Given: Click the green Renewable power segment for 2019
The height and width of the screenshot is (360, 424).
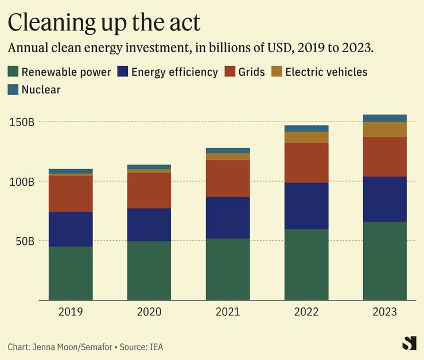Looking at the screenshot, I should [x=71, y=273].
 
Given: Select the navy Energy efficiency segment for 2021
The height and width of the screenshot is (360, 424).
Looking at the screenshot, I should [x=228, y=218].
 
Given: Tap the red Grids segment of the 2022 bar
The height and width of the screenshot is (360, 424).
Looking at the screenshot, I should [x=306, y=163].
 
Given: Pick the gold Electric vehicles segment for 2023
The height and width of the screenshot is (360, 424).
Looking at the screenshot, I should [x=385, y=130].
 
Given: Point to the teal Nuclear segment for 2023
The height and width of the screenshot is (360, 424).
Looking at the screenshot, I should [x=385, y=118].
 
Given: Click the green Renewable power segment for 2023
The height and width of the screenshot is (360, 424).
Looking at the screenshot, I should [x=385, y=261].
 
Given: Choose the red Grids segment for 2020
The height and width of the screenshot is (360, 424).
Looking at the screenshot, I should [x=149, y=190].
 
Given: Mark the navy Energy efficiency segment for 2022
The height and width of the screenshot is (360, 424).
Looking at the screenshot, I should [x=306, y=206].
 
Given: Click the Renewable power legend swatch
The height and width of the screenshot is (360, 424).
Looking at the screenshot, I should [x=13, y=72].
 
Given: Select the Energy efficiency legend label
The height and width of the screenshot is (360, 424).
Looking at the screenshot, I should [x=174, y=72].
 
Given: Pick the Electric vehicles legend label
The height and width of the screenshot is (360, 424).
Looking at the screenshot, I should [x=326, y=72].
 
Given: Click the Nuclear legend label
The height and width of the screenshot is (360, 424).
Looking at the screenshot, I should [x=41, y=89].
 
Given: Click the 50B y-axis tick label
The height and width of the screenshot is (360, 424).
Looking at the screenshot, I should [x=25, y=241].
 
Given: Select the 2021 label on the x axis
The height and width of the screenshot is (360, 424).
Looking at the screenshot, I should [x=228, y=312].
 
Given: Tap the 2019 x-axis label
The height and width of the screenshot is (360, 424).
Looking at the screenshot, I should [x=71, y=312].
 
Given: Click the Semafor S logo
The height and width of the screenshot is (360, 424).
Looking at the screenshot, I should [x=409, y=343].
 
